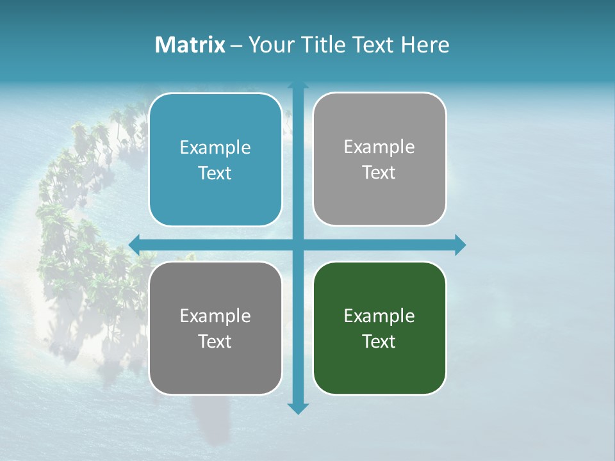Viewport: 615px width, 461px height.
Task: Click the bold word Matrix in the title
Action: (x=190, y=45)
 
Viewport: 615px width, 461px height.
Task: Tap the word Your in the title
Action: (x=268, y=45)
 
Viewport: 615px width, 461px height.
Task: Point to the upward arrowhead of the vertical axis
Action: (x=298, y=85)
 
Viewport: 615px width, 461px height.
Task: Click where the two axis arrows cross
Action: (x=298, y=245)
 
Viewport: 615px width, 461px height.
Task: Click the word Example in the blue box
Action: (x=215, y=148)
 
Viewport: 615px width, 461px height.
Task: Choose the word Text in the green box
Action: (x=379, y=341)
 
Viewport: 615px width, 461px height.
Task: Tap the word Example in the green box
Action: (x=379, y=316)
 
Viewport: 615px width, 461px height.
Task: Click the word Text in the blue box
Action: (x=215, y=174)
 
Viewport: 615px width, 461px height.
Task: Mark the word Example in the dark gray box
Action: (x=215, y=316)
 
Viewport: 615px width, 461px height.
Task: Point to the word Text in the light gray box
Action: (x=379, y=173)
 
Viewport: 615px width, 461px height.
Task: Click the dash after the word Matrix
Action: (x=236, y=45)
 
